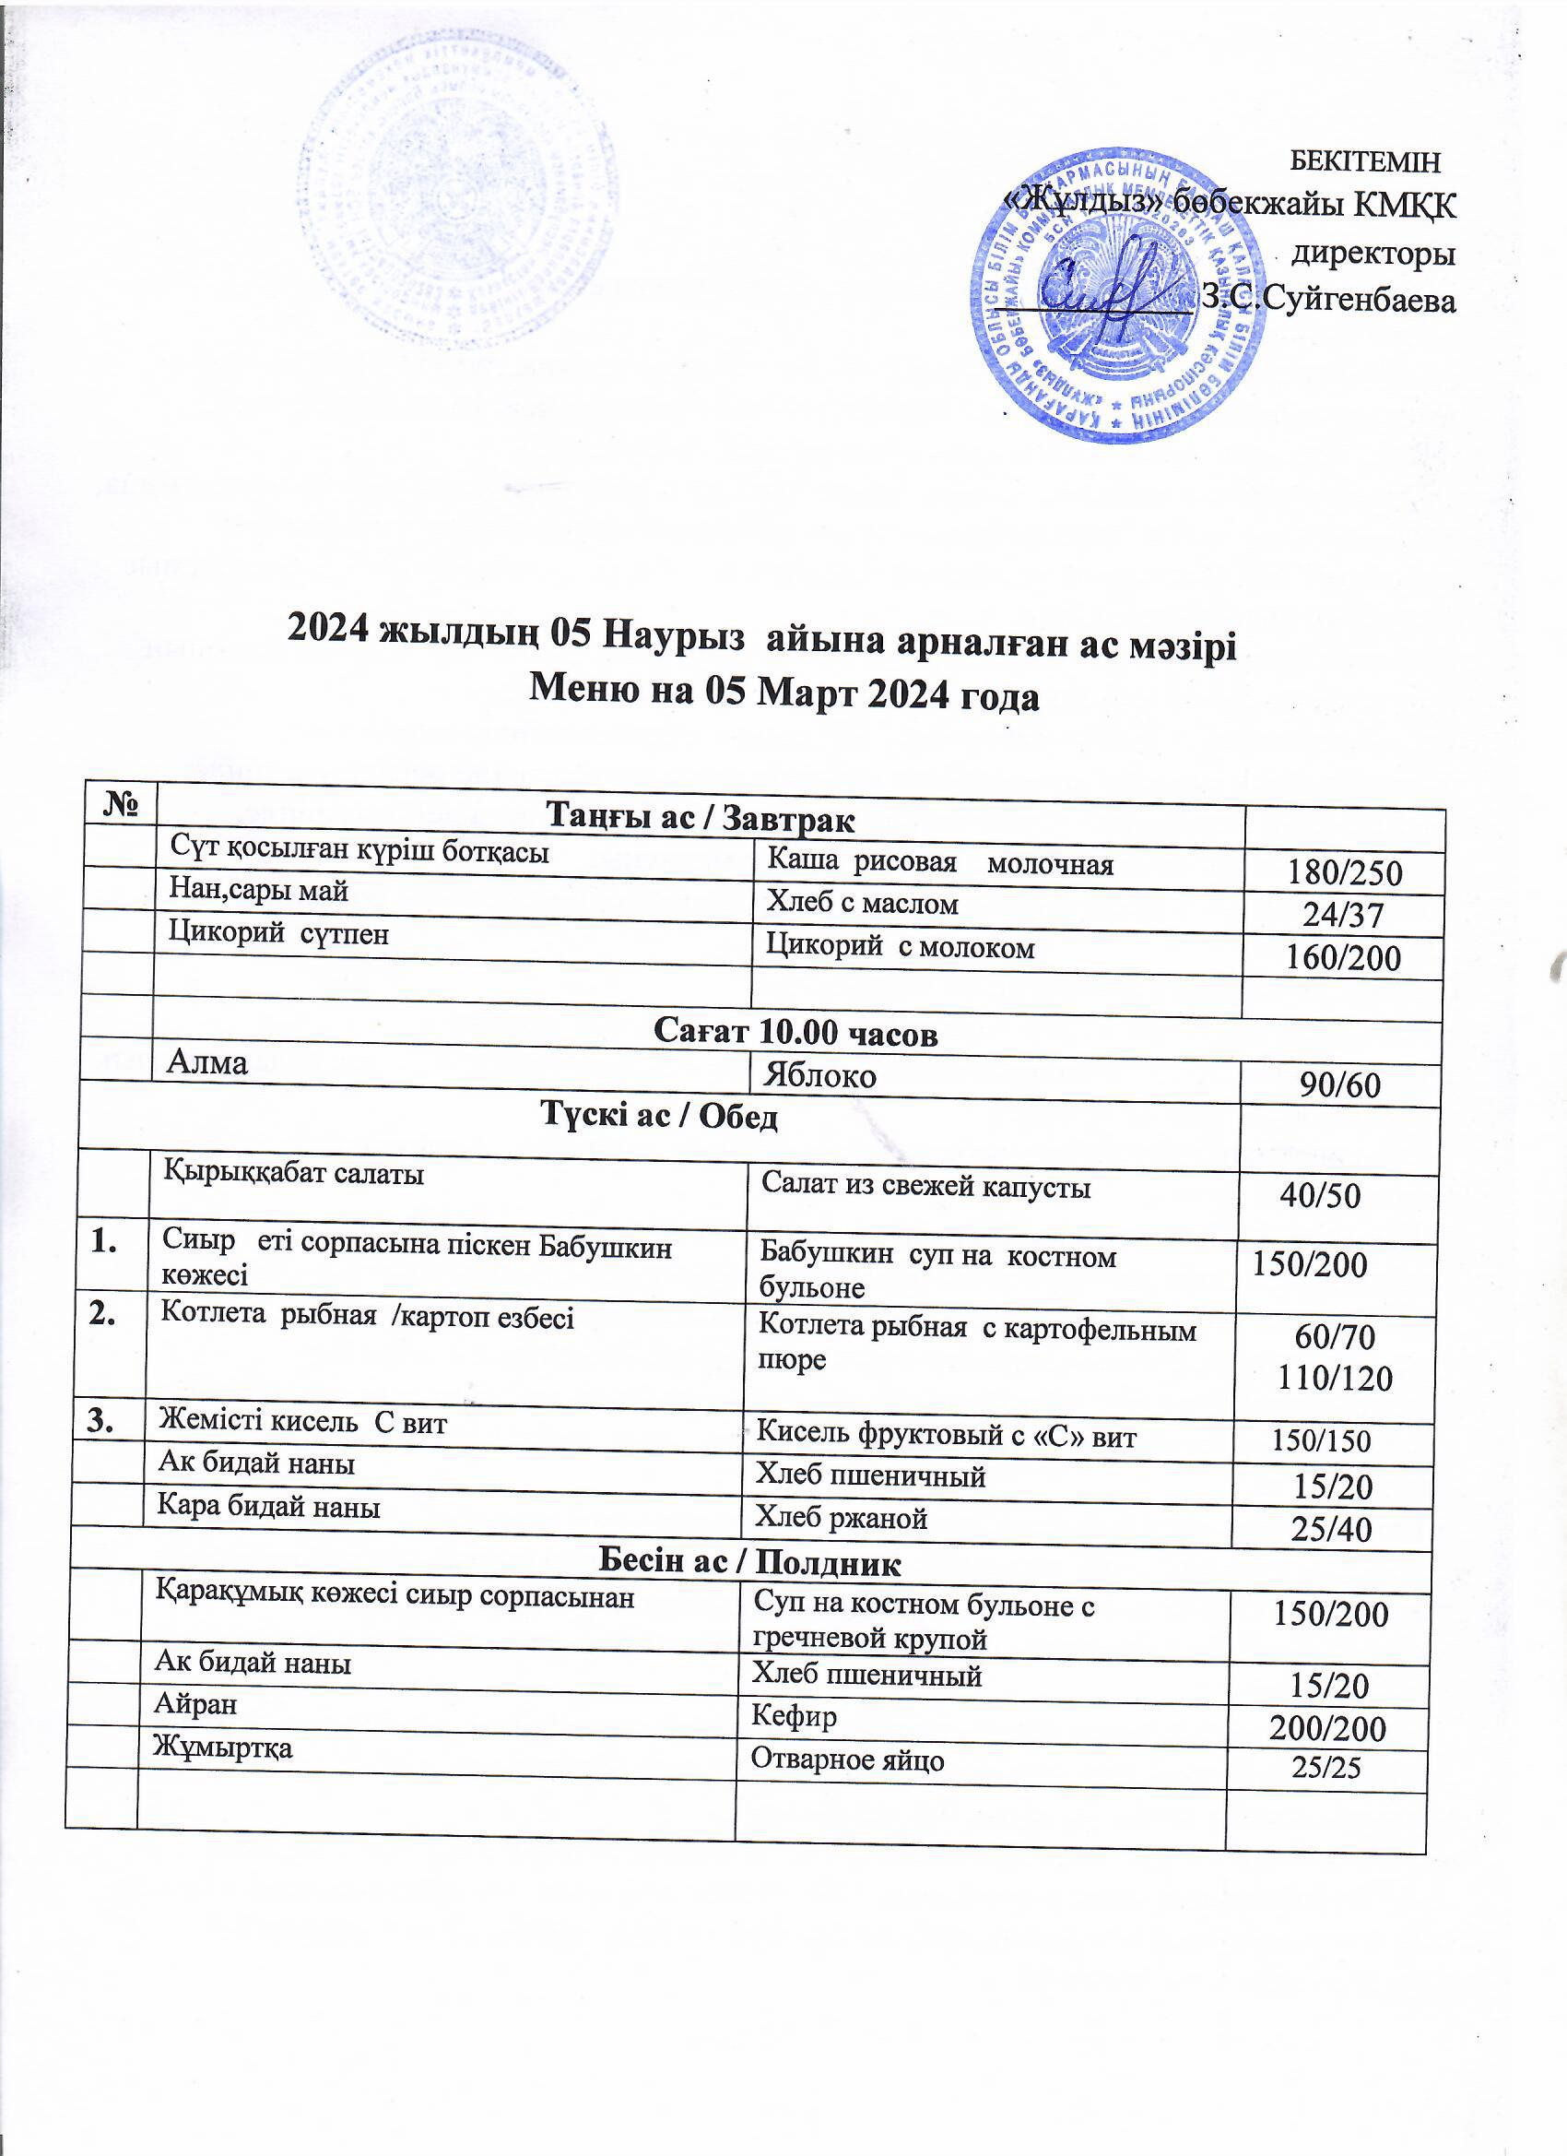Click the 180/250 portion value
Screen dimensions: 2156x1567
pyautogui.click(x=1343, y=872)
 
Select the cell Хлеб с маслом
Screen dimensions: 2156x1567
pyautogui.click(x=863, y=903)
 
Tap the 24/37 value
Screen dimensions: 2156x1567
pyautogui.click(x=1343, y=916)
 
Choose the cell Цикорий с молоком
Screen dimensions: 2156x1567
pyautogui.click(x=900, y=947)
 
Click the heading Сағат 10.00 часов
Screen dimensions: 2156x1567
pyautogui.click(x=796, y=1035)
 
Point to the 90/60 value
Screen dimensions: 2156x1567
pyautogui.click(x=1342, y=1084)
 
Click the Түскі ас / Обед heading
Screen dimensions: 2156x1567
pyautogui.click(x=659, y=1116)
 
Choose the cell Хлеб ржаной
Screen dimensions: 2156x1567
pyautogui.click(x=840, y=1519)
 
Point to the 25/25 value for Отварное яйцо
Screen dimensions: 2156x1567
pyautogui.click(x=1326, y=1767)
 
